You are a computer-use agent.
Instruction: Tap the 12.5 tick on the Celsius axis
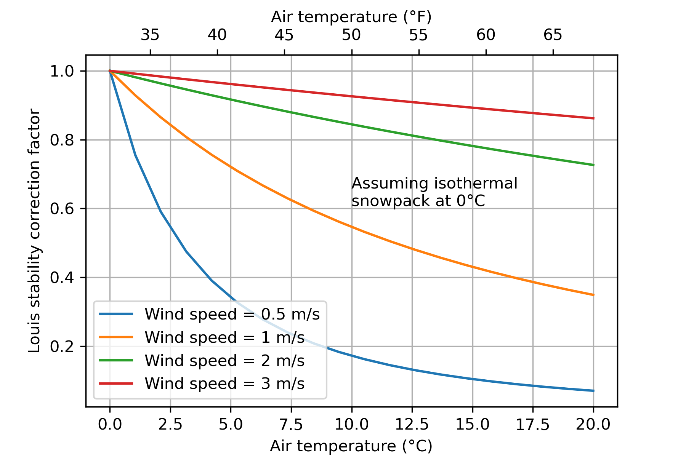(x=412, y=424)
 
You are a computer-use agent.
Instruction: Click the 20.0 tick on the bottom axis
(x=593, y=424)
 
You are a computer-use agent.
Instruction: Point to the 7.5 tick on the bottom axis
(x=291, y=424)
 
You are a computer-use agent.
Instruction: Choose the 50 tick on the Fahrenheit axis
(x=351, y=35)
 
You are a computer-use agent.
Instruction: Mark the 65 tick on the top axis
(x=553, y=35)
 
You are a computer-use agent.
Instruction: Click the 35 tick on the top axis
(x=150, y=35)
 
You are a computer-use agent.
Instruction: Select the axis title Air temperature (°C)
(x=351, y=446)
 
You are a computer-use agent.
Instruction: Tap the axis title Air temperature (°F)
(x=351, y=17)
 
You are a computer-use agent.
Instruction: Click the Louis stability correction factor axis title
(x=35, y=231)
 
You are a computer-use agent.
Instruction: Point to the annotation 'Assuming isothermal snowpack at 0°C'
(x=434, y=192)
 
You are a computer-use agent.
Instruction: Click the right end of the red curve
(x=593, y=118)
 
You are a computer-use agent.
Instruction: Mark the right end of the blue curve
(x=593, y=391)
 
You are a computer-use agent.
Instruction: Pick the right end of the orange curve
(x=593, y=295)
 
